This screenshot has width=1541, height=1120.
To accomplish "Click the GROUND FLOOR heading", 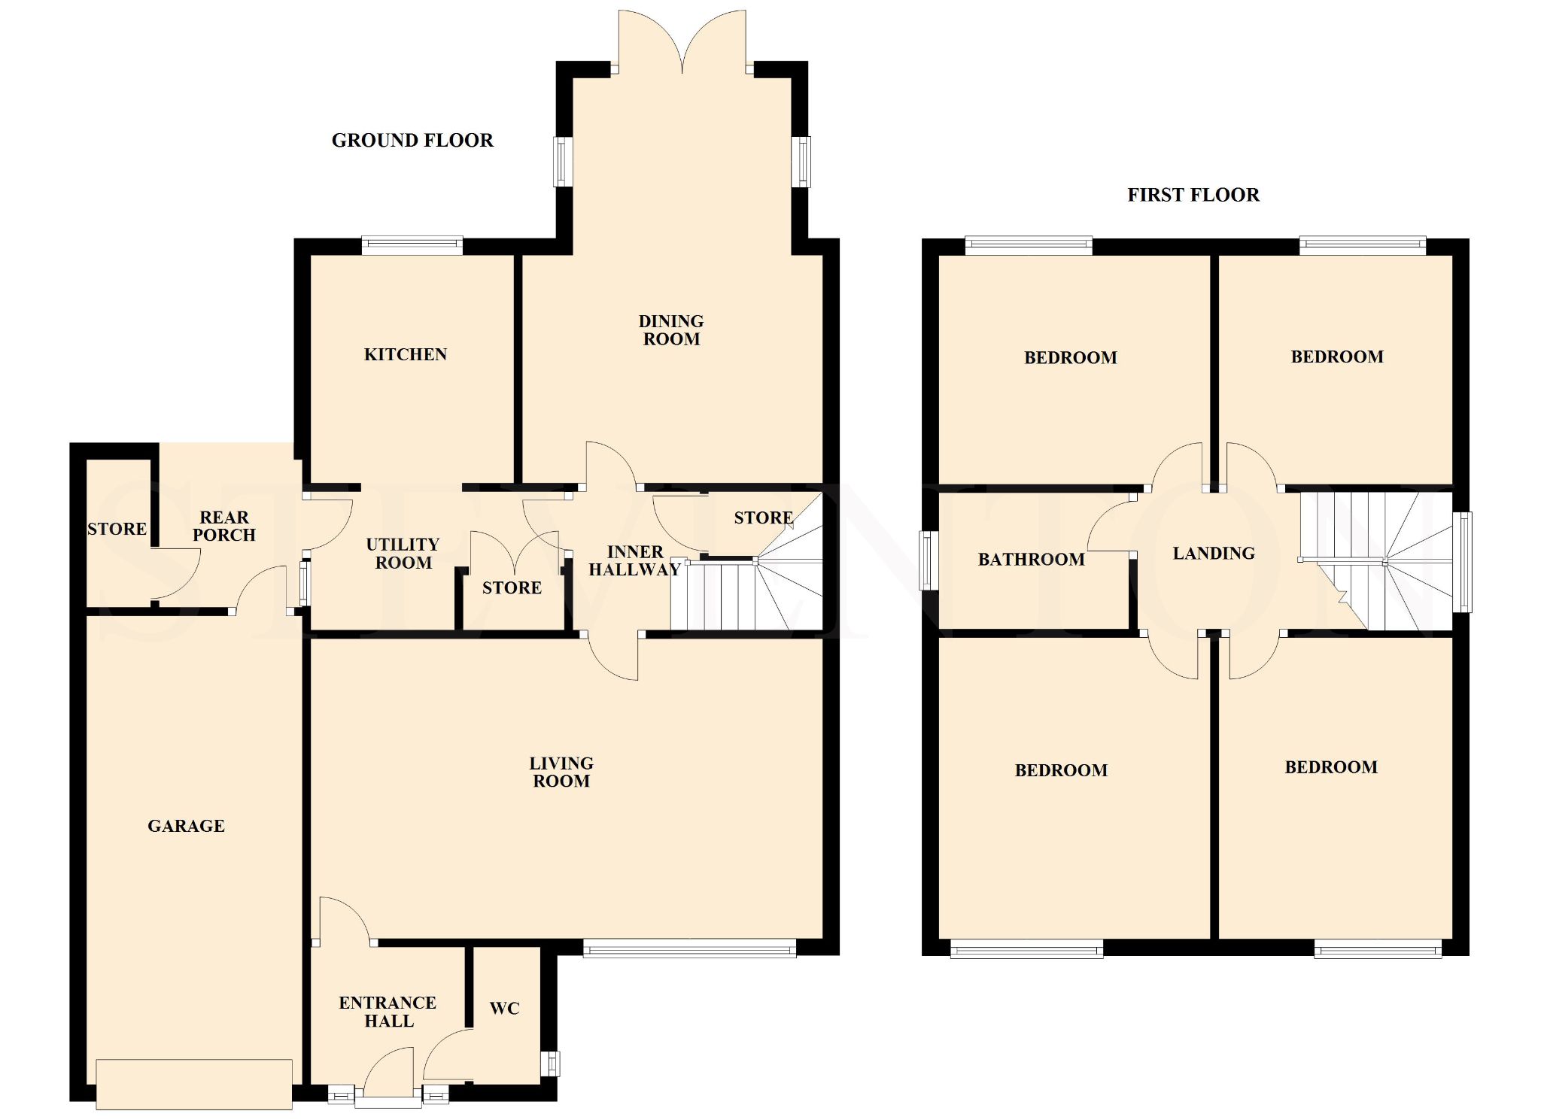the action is (x=412, y=141).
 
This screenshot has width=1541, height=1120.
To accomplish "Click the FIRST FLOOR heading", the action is (x=1193, y=196).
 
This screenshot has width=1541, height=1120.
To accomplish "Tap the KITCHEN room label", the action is (x=406, y=355).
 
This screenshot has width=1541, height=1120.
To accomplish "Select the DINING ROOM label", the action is (x=671, y=330).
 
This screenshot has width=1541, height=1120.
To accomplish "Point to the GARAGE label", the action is (x=186, y=826).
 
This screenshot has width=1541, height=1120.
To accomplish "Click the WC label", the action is (x=504, y=1009).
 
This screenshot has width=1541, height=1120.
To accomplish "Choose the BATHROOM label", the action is (x=1031, y=560).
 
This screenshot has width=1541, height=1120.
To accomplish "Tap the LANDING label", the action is (x=1214, y=554).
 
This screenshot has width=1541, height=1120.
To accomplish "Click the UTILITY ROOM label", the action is (x=403, y=554).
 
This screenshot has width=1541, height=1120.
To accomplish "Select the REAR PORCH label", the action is (x=224, y=526).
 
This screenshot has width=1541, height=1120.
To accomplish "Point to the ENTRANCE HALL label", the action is (x=388, y=1012).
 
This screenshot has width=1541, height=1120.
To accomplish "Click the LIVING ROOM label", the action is (x=561, y=772).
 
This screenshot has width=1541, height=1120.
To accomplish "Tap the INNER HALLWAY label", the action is (x=634, y=561).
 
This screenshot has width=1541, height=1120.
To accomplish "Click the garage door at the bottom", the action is (x=194, y=1084).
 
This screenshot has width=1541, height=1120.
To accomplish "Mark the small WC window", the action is (x=551, y=1063).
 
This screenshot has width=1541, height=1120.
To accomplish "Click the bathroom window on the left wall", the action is (x=930, y=560).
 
